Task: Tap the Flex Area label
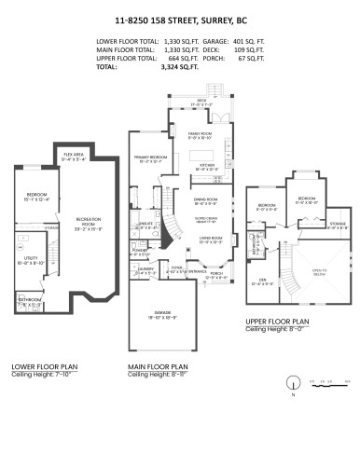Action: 75,158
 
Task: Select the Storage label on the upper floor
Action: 337,225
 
